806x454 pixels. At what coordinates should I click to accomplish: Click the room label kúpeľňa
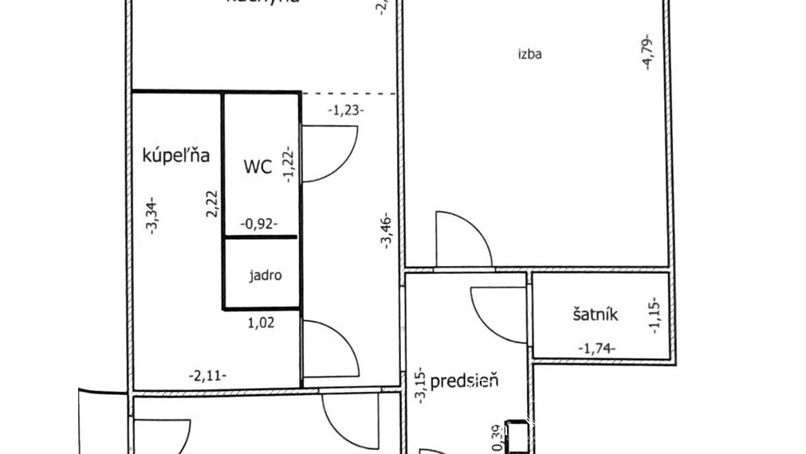click(x=175, y=155)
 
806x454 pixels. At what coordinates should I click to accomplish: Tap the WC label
click(x=258, y=167)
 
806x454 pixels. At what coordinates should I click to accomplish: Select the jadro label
click(x=265, y=276)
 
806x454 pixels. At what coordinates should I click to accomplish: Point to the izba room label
click(x=529, y=55)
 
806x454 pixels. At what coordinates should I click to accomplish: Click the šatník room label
click(x=595, y=315)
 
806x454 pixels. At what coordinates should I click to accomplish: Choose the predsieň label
click(x=464, y=381)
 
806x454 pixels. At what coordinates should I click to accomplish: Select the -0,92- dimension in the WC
click(x=259, y=225)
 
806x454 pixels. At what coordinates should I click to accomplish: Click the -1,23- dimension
click(x=346, y=111)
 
